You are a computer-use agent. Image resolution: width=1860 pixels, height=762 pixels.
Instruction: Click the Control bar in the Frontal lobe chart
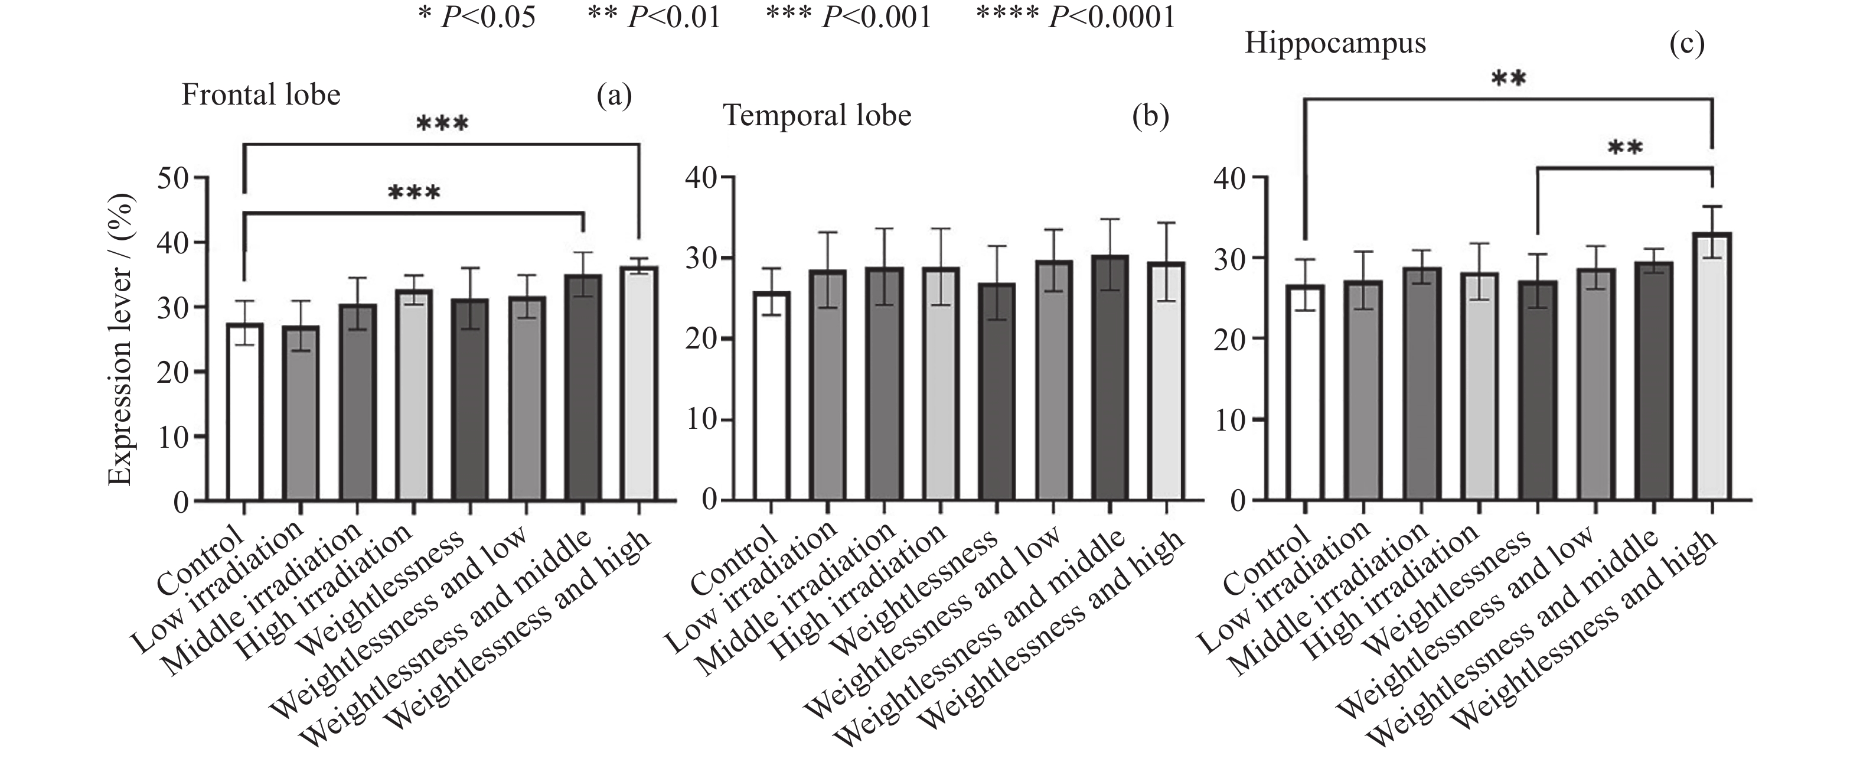pyautogui.click(x=244, y=412)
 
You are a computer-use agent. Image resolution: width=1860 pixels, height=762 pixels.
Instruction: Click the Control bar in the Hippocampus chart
pyautogui.click(x=1306, y=393)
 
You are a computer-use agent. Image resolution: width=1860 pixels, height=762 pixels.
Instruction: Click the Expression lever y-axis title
pyautogui.click(x=120, y=340)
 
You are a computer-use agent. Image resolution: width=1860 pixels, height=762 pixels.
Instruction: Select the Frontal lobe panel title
pyautogui.click(x=260, y=95)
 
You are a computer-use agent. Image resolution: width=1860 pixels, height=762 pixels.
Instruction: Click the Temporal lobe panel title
pyautogui.click(x=817, y=116)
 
